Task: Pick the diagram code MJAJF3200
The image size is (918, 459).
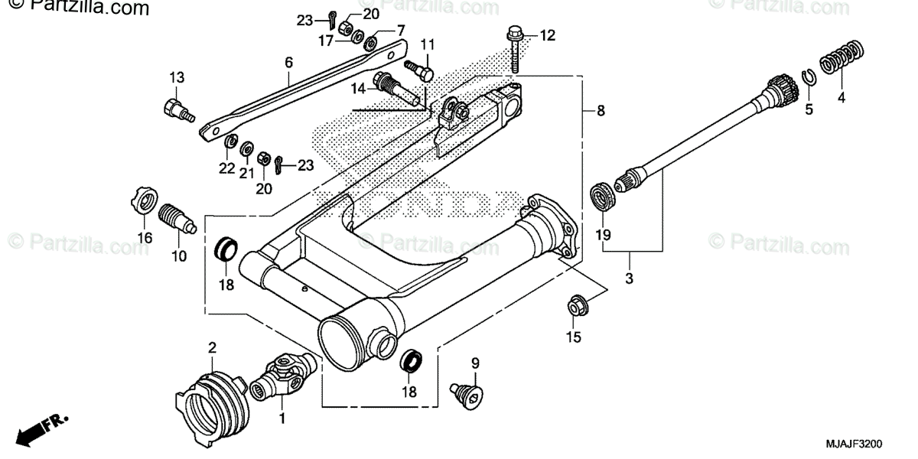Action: pos(854,444)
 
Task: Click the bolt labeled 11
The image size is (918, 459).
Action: pos(419,70)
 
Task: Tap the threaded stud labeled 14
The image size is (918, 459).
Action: pos(396,87)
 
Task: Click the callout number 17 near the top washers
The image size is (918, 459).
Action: pos(326,40)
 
